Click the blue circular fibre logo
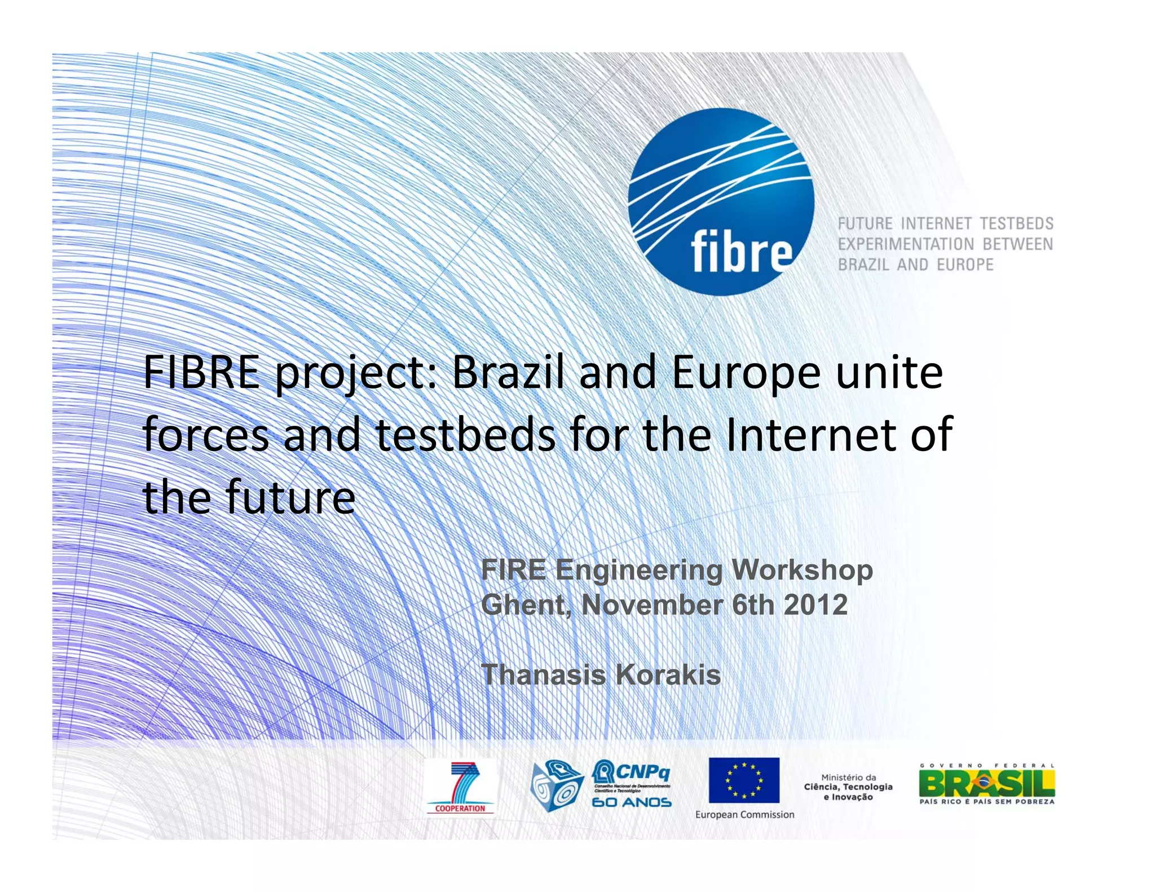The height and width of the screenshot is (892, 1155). pos(721,201)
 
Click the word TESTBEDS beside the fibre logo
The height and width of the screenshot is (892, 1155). pos(1016,224)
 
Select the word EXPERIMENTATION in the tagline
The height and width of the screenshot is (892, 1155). pos(905,244)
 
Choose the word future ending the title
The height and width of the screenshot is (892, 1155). pos(290,497)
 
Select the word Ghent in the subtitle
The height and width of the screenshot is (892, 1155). pos(526,604)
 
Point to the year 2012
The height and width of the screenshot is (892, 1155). pos(815,604)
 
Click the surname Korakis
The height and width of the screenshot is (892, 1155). pos(668,674)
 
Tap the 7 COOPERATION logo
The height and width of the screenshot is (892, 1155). pos(461,787)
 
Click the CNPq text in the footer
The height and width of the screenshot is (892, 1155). pos(642,770)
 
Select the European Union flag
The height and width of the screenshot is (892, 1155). pos(744,780)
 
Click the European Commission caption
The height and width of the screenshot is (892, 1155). pos(744,814)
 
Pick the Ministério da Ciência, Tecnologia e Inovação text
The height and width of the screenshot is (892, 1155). pos(848,787)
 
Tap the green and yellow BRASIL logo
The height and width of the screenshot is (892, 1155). pos(986,783)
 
